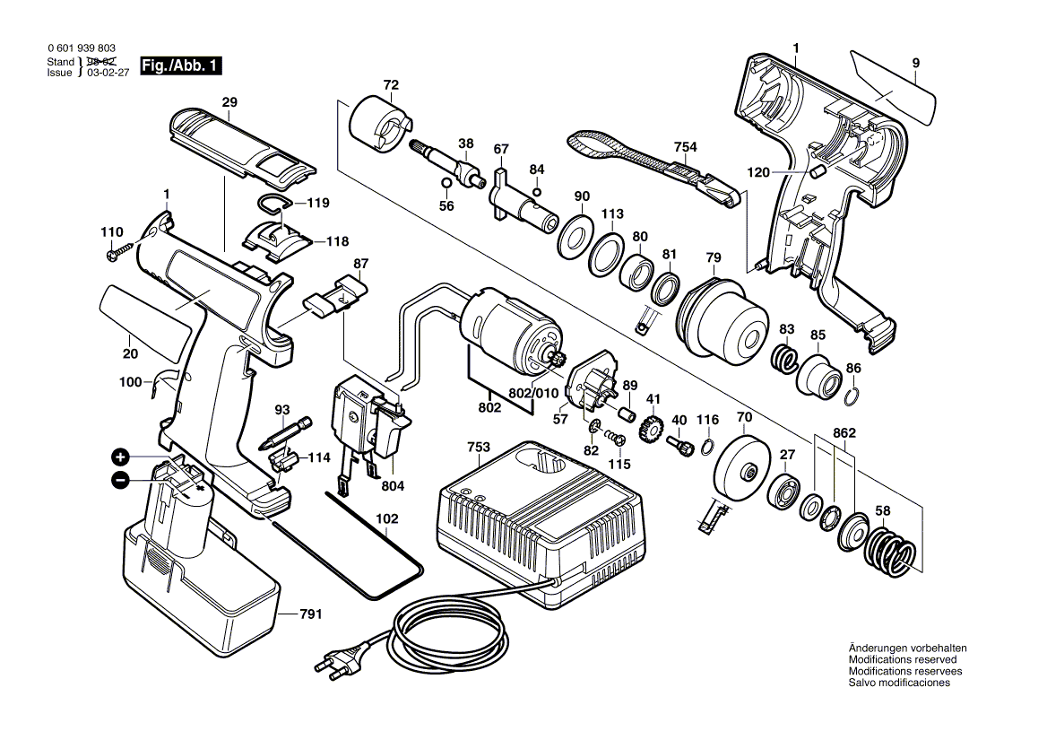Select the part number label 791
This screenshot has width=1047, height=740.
(x=311, y=614)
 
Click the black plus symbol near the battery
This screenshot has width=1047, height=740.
(x=121, y=456)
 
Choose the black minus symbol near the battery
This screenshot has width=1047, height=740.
(x=121, y=481)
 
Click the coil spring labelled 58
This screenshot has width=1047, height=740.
(x=890, y=550)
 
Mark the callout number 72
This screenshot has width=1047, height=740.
(x=391, y=85)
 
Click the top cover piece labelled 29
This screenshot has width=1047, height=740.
(x=242, y=144)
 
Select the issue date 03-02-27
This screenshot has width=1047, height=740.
(x=108, y=74)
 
